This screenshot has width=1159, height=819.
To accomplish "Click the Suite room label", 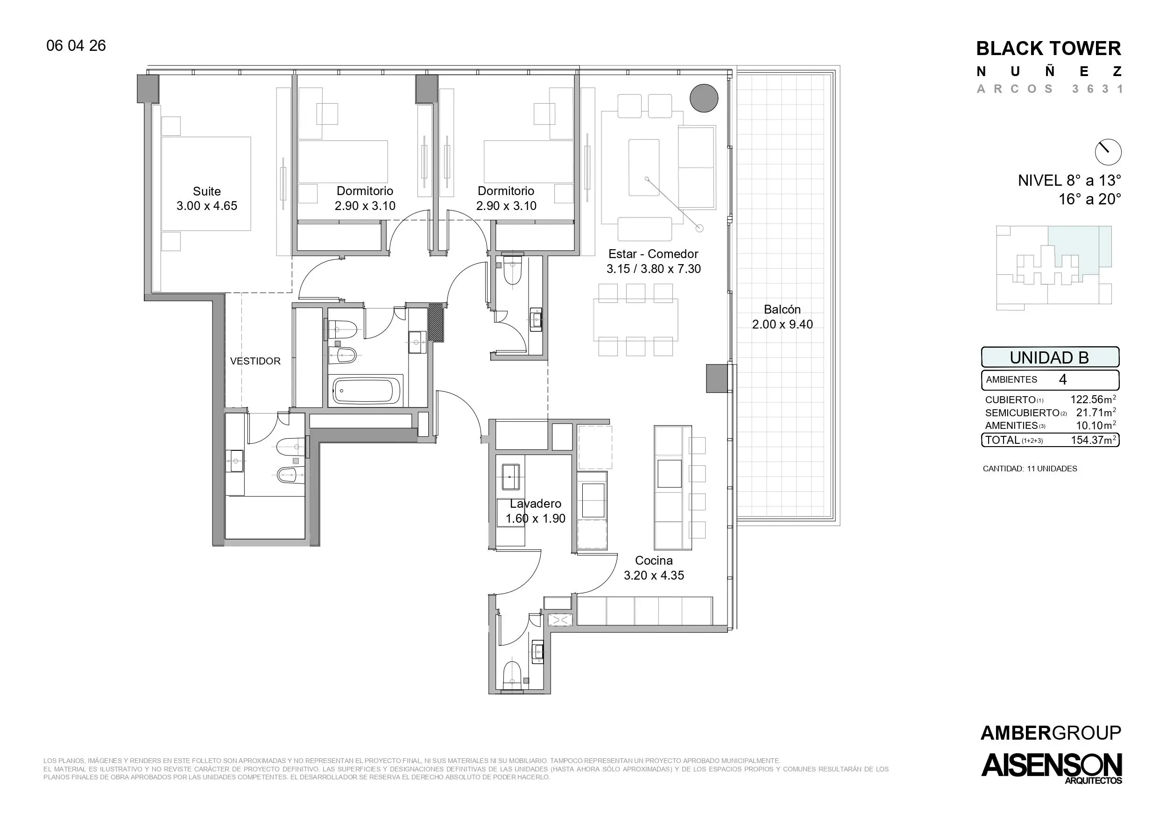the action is click(207, 191).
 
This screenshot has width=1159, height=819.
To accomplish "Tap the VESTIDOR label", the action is click(255, 361).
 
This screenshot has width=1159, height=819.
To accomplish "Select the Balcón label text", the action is click(783, 309).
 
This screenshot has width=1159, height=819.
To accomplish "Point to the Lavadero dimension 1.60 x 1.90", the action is click(536, 518).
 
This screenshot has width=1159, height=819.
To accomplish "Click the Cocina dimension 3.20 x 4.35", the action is click(654, 575).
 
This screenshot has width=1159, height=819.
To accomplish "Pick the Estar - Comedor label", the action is click(653, 254).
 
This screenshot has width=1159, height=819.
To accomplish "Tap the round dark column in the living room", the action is click(704, 98).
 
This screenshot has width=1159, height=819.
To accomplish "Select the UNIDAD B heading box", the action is click(1050, 357).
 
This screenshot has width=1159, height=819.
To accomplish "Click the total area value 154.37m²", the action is click(1093, 440).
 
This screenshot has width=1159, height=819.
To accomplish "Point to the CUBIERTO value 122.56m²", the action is click(1093, 399).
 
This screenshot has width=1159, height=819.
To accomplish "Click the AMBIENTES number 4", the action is click(1063, 379).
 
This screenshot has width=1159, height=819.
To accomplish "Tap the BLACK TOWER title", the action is click(1048, 49).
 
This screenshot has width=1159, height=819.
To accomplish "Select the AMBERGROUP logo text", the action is click(1051, 733).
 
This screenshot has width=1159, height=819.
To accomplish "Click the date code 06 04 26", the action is click(76, 45).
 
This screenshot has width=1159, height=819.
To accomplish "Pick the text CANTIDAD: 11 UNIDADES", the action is click(1030, 469).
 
